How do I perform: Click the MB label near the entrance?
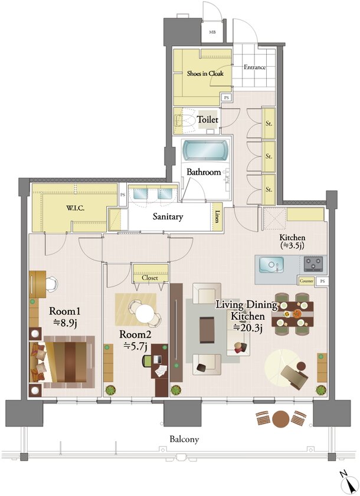click(x=212, y=32)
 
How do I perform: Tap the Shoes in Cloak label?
click(x=205, y=73)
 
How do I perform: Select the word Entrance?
click(x=254, y=67)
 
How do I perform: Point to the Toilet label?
click(x=208, y=120)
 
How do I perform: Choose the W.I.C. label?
click(x=75, y=208)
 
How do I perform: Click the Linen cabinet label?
click(x=217, y=216)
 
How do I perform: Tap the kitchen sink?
click(x=271, y=264)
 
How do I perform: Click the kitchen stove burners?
click(x=313, y=264)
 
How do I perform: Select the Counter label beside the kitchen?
click(x=306, y=281)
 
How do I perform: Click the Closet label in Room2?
click(x=150, y=278)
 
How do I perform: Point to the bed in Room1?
click(x=62, y=362)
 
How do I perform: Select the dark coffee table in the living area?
click(x=207, y=330)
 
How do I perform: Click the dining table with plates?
click(x=293, y=314)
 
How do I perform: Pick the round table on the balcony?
click(x=281, y=419)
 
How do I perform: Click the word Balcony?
click(x=184, y=439)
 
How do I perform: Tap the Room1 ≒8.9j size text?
click(x=64, y=317)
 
